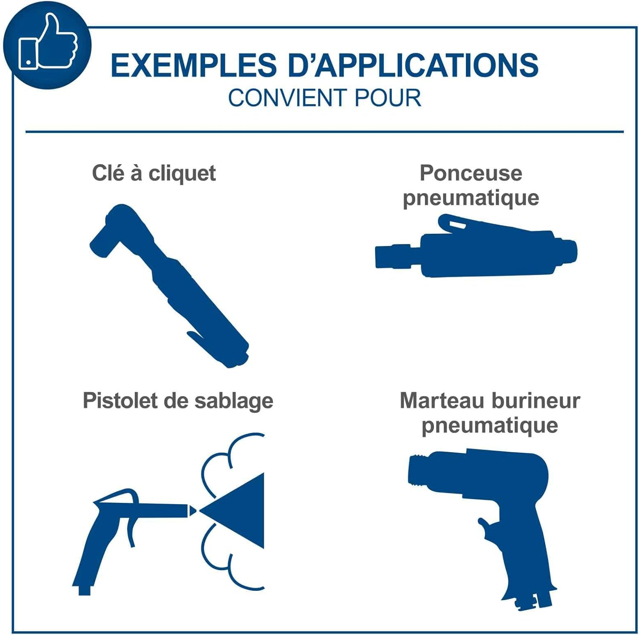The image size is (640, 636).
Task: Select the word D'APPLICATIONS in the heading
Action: (x=413, y=65)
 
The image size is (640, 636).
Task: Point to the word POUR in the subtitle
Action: (x=387, y=98)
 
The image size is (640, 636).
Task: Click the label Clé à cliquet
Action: (x=154, y=174)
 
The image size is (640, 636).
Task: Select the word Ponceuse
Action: (x=471, y=173)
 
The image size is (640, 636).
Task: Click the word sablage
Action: (x=234, y=401)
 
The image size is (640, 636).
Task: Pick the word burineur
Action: (x=536, y=401)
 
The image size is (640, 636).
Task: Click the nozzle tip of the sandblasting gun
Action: (x=192, y=510)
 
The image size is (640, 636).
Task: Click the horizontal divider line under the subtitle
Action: (x=325, y=132)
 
